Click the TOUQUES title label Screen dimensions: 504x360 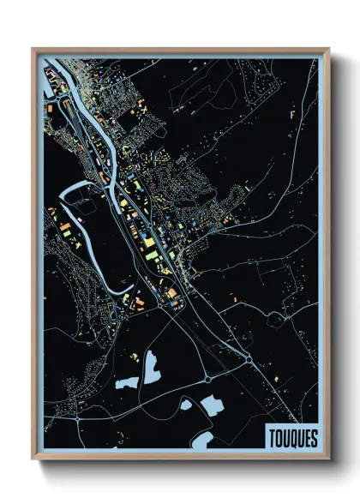point(291,435)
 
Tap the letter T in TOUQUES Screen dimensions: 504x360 point(272,435)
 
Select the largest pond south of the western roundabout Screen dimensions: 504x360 point(210,404)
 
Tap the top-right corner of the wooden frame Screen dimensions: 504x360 point(328,49)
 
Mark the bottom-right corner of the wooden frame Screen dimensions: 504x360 point(328,459)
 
